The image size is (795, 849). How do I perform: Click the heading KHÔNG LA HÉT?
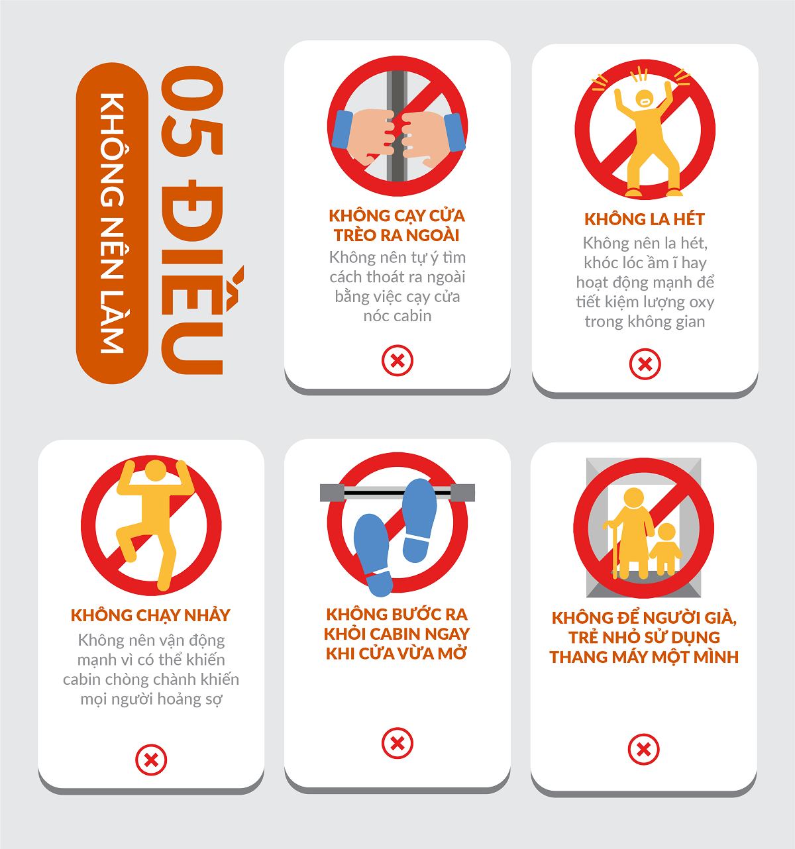coord(644,219)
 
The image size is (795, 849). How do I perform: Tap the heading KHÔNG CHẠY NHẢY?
coord(150,616)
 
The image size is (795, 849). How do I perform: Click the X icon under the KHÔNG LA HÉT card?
coord(645,364)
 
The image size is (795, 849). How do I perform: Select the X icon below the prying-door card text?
coord(397,360)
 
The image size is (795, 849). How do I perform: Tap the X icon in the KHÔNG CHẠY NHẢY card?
coord(151,760)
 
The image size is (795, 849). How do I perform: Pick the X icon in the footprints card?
coord(397,743)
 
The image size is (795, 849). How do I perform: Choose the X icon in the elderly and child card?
coord(643,750)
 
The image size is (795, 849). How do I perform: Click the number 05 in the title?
coord(192,111)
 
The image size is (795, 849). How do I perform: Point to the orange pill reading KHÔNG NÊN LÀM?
coord(112,223)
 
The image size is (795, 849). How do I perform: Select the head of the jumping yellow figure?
coord(155,470)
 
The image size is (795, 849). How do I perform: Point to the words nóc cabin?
coord(397,316)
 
